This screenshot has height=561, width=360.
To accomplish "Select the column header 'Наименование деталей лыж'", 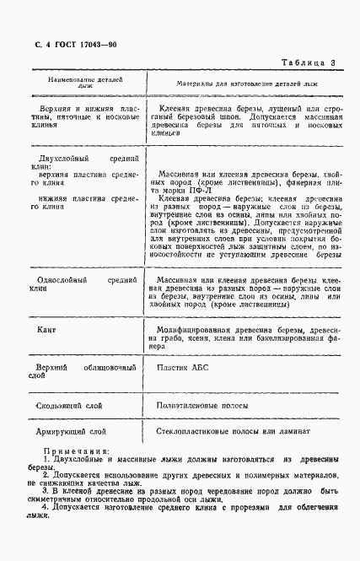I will [x=85, y=81].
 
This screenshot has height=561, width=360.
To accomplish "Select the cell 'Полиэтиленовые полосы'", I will [x=201, y=406].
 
